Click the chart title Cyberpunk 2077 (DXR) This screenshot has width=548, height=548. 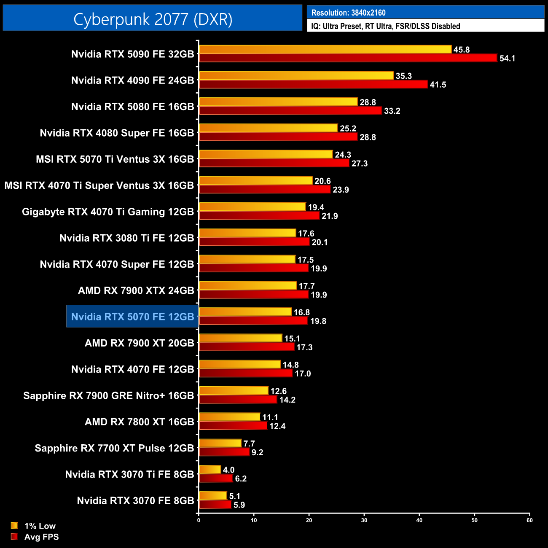pyautogui.click(x=153, y=19)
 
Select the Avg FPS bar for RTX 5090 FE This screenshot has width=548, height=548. pyautogui.click(x=348, y=58)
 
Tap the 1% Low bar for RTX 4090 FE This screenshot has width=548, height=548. pyautogui.click(x=296, y=75)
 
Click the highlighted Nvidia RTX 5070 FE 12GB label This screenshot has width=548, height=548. pyautogui.click(x=132, y=317)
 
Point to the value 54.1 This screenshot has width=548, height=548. pyautogui.click(x=507, y=59)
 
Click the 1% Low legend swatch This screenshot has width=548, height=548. pyautogui.click(x=14, y=526)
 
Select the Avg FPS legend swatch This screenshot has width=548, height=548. pyautogui.click(x=14, y=537)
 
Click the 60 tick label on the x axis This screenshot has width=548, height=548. pyautogui.click(x=529, y=520)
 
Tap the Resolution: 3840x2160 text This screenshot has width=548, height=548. pyautogui.click(x=348, y=13)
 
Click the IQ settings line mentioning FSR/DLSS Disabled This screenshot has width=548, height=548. pyautogui.click(x=385, y=26)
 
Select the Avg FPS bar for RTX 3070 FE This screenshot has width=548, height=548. pyautogui.click(x=215, y=505)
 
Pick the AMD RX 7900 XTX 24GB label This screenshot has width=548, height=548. pyautogui.click(x=136, y=290)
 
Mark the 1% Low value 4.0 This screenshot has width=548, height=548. pyautogui.click(x=228, y=470)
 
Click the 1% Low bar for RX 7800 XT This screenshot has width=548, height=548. pyautogui.click(x=229, y=417)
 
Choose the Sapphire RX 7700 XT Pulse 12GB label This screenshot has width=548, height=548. pyautogui.click(x=114, y=448)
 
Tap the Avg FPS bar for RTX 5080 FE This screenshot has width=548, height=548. pyautogui.click(x=290, y=110)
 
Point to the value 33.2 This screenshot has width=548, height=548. pyautogui.click(x=392, y=111)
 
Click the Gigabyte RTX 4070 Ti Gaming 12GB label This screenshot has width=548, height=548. pyautogui.click(x=108, y=212)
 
